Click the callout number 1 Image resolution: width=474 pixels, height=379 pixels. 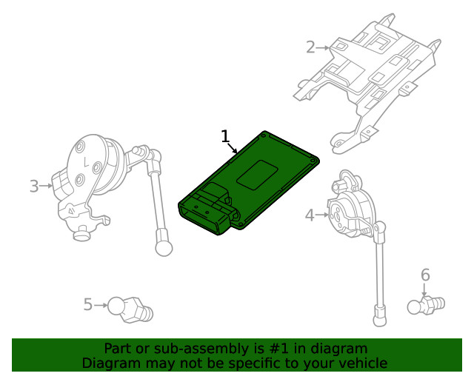pos(226,136)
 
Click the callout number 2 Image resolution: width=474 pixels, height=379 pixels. pos(310,47)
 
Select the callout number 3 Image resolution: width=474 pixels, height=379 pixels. pos(33,186)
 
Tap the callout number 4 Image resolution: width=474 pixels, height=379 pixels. pos(310,215)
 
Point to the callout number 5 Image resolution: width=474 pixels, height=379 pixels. pos(87,304)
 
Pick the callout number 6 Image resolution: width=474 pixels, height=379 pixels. pos(425,275)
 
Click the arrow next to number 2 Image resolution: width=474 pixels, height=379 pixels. pos(324,48)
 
